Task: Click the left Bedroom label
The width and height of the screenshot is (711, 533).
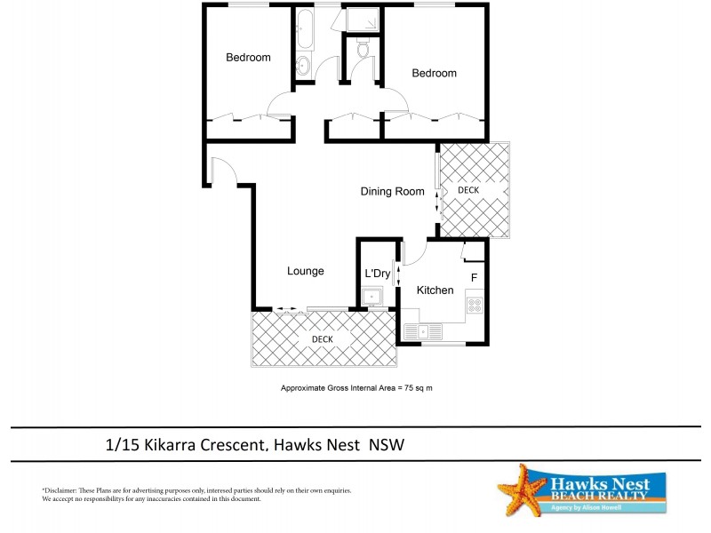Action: click(248, 58)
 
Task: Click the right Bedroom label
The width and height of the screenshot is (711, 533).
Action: click(434, 74)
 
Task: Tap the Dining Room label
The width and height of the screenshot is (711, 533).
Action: click(392, 191)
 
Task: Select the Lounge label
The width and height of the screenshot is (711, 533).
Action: click(305, 271)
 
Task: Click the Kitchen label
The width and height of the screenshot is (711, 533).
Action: click(435, 290)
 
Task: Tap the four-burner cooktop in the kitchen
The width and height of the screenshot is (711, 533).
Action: click(475, 306)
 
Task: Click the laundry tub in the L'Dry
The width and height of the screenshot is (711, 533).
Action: click(372, 297)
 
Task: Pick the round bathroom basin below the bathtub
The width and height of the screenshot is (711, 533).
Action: click(302, 65)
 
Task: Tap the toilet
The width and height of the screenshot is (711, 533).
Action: click(362, 51)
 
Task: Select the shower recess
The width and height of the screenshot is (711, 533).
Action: click(361, 20)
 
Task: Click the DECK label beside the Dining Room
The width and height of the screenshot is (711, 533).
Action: click(467, 190)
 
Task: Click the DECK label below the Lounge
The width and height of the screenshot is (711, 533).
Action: click(322, 339)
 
